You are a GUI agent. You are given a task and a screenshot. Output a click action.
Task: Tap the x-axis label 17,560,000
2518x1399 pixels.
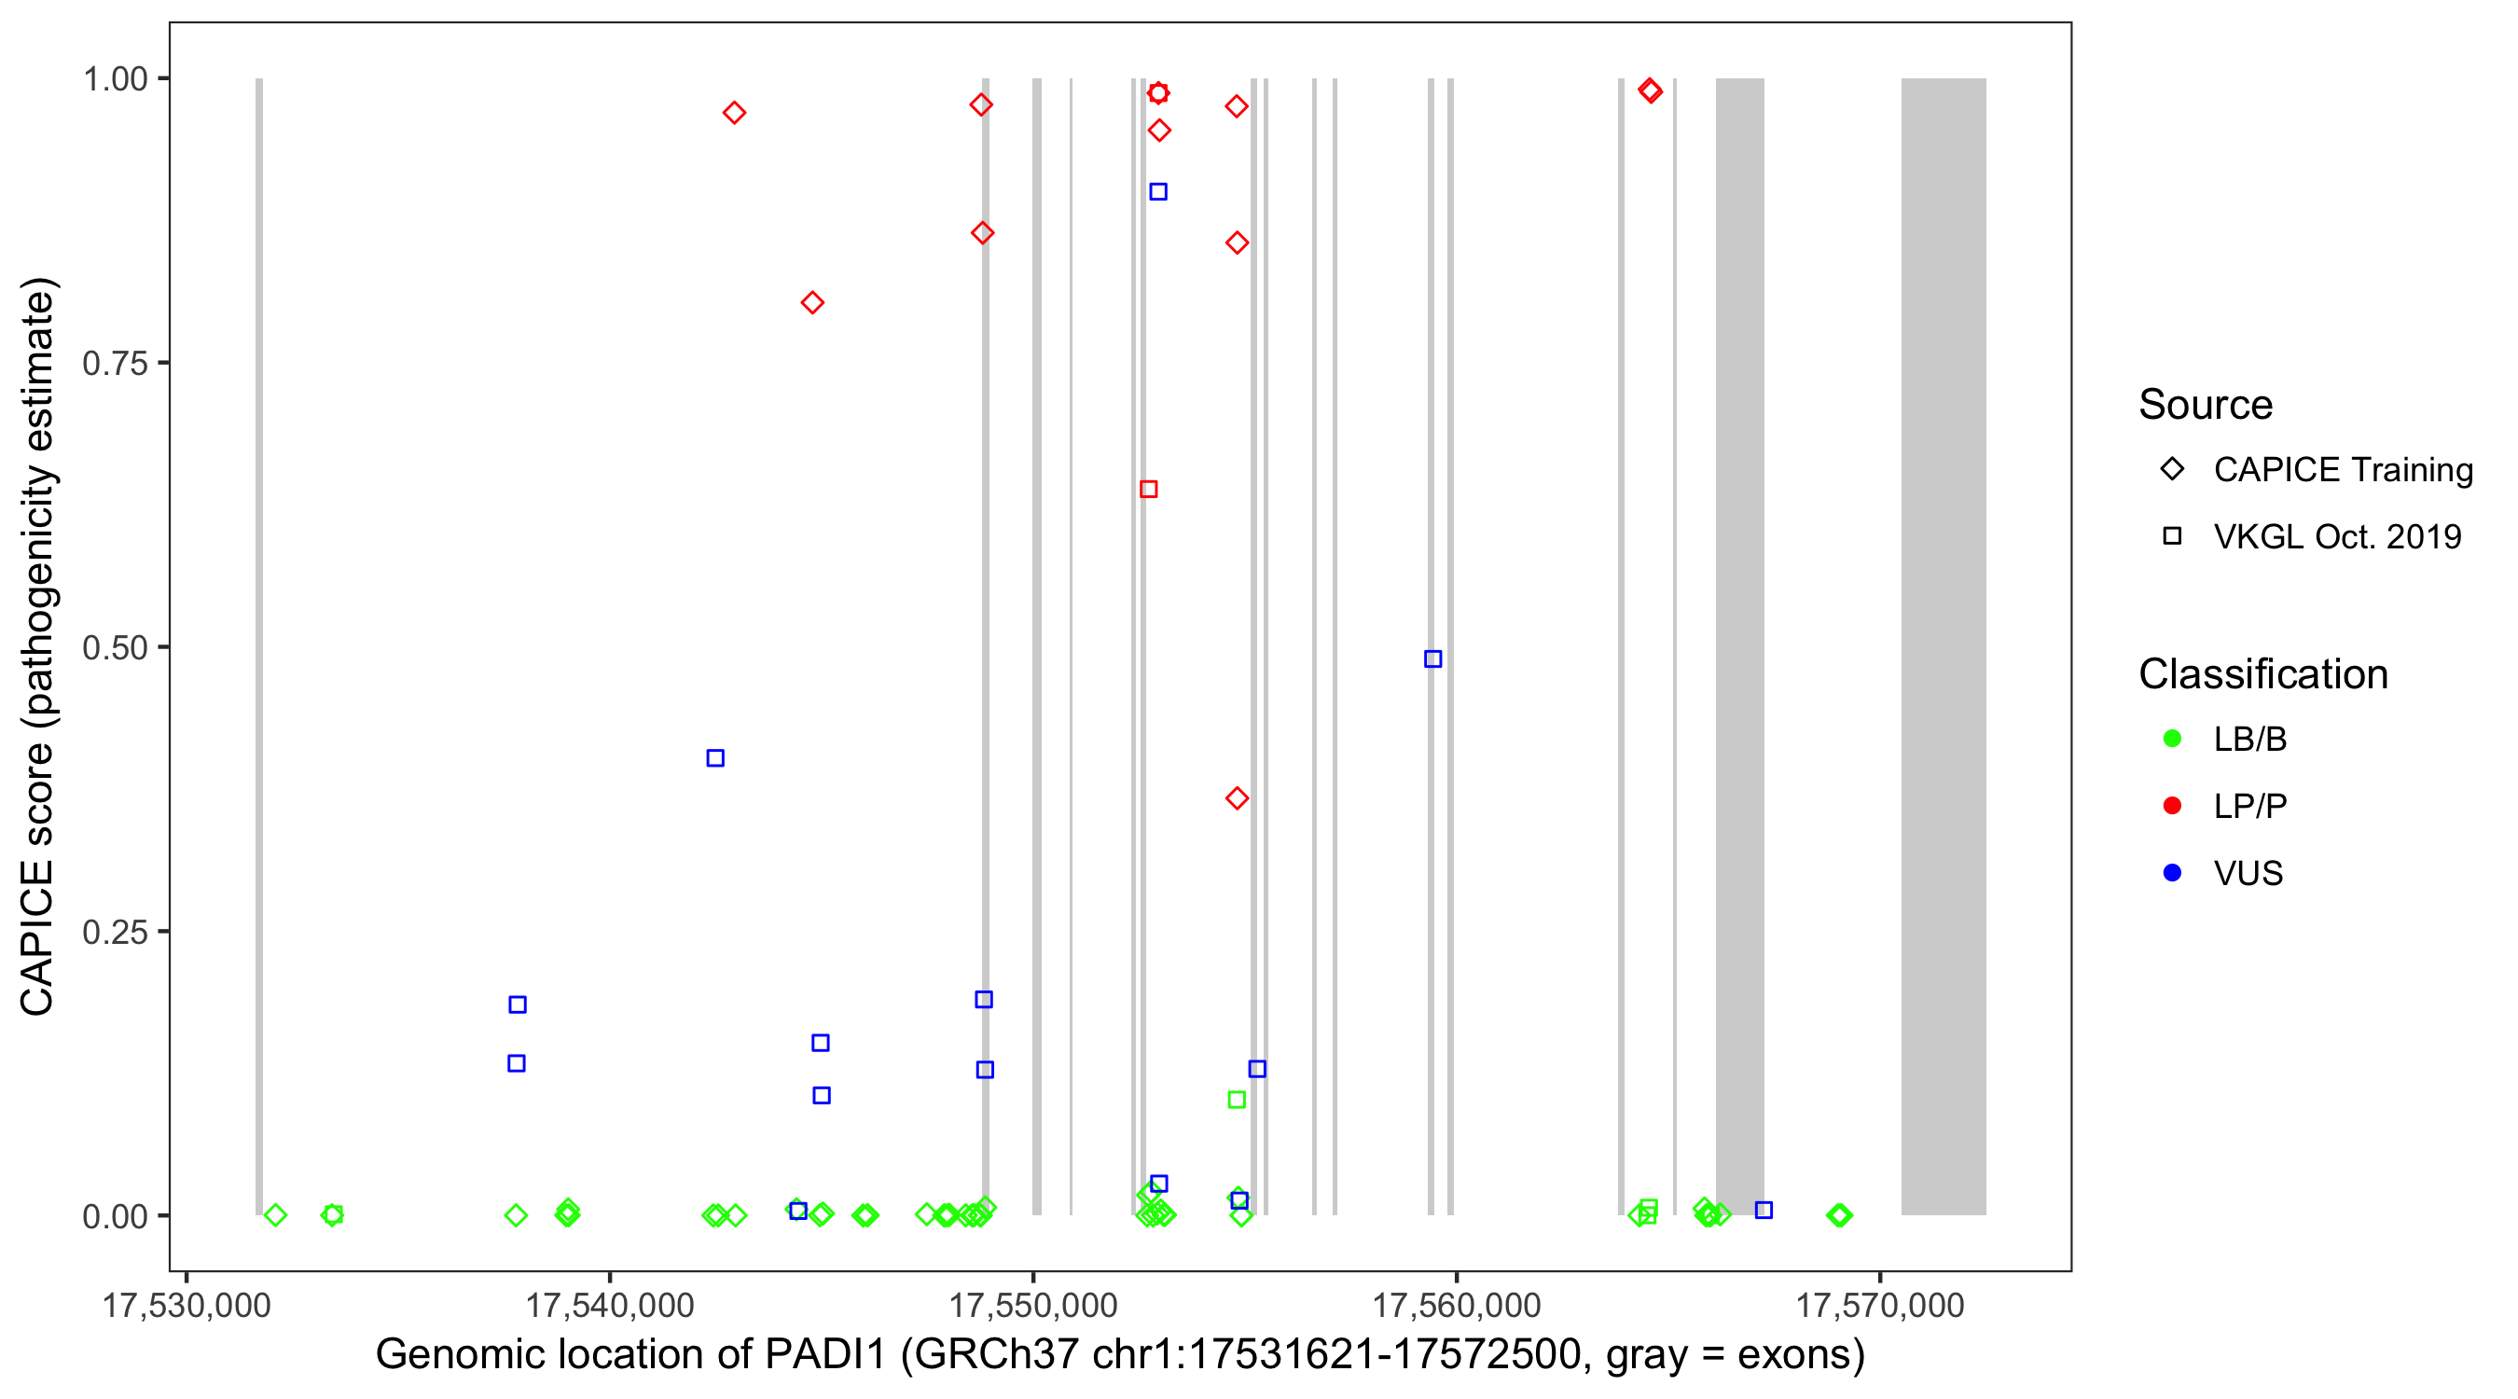1457,1305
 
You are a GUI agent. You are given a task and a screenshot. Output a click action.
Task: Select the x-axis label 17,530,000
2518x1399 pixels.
186,1305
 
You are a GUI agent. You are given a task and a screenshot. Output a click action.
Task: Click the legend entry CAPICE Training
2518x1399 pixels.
2342,470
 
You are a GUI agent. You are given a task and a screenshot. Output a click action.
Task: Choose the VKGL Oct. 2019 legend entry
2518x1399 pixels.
2336,536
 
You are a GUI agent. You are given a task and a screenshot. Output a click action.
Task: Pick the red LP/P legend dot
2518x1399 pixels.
2172,807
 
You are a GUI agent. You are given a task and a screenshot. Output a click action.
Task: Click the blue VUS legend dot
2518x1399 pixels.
2172,873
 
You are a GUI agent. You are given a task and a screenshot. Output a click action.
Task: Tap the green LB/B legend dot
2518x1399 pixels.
2172,739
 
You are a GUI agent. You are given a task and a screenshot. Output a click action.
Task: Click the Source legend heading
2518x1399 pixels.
2206,405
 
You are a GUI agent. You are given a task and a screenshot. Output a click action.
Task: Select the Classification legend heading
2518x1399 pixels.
2262,674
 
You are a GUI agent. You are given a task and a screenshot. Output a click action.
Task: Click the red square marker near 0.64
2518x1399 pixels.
1149,489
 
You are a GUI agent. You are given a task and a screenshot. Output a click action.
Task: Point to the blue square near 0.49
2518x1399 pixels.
1433,658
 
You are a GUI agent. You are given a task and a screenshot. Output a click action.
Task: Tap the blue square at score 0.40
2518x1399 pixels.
715,757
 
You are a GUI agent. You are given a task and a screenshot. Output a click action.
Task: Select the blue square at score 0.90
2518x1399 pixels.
1158,191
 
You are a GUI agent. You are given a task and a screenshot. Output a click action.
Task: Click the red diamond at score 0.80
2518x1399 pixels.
812,303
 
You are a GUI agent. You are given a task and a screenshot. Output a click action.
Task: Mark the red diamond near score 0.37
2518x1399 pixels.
1237,798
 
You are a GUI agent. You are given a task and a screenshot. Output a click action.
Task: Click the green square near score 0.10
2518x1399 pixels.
1237,1100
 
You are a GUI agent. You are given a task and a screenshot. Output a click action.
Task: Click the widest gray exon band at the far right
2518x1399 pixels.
1944,645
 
